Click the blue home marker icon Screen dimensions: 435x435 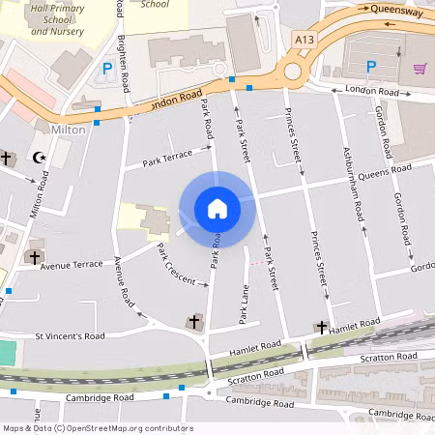point(217,209)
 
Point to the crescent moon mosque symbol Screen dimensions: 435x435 point(40,157)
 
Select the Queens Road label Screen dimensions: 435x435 point(385,174)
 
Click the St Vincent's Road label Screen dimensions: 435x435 point(69,336)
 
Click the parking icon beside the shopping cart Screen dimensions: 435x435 point(370,67)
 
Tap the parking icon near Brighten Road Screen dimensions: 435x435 point(106,70)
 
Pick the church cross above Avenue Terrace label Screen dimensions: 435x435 point(35,258)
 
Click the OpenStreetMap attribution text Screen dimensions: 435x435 point(97,427)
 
